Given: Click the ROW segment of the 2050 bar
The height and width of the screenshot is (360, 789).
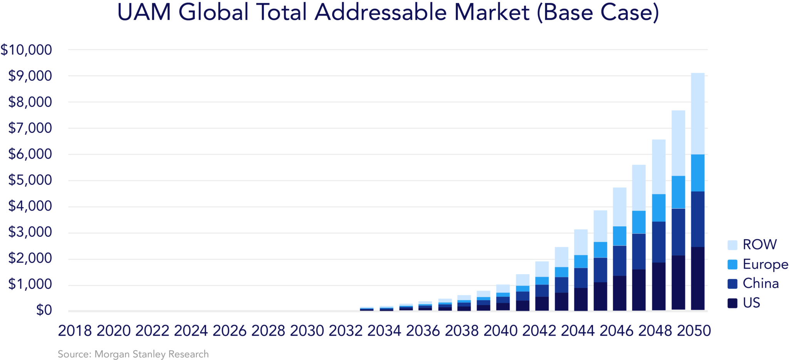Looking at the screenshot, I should (x=698, y=114).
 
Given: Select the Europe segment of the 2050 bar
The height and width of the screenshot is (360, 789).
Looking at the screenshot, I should (x=698, y=173).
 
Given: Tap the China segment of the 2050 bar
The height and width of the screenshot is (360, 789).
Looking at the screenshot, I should (x=698, y=219).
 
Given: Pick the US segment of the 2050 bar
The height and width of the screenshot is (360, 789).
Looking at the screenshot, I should (x=698, y=278).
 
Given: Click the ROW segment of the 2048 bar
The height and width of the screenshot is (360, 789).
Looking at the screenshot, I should (x=659, y=167).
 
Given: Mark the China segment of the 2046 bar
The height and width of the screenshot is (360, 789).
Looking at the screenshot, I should (x=619, y=261).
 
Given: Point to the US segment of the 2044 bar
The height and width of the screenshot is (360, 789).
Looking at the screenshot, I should (x=581, y=299).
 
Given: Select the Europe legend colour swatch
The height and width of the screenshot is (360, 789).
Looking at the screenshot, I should (x=732, y=265).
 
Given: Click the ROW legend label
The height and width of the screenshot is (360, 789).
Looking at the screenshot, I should (x=759, y=245).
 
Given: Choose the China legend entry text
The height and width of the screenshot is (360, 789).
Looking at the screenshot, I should (x=760, y=284).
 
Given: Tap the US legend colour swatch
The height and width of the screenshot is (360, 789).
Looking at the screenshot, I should (x=732, y=303).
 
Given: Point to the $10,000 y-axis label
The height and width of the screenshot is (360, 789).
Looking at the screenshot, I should (x=26, y=50).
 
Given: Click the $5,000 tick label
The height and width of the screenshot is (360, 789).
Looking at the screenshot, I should (x=30, y=180).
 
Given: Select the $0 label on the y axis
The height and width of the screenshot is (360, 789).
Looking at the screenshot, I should (x=44, y=310).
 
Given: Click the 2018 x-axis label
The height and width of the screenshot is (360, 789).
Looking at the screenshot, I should (x=75, y=331).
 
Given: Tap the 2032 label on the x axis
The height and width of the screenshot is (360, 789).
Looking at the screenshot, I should (x=346, y=331).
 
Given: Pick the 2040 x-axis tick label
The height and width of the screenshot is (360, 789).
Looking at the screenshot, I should (x=500, y=331).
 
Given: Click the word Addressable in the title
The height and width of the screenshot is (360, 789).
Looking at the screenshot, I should (x=381, y=12).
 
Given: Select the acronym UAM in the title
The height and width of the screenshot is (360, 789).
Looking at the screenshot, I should (x=144, y=12).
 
